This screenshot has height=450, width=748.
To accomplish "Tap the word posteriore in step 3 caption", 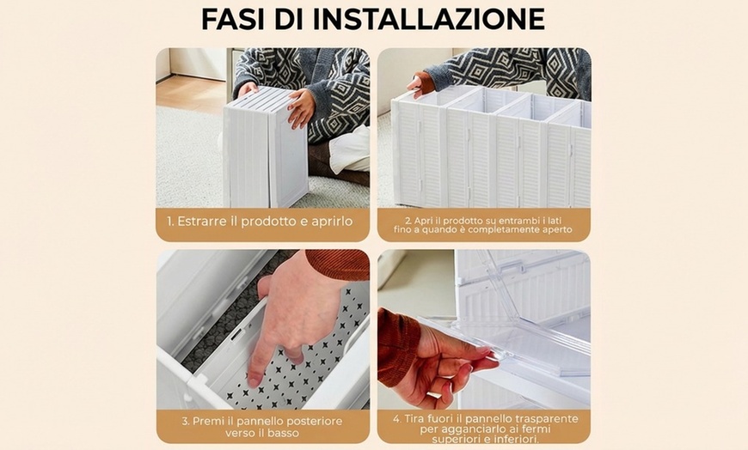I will (307, 421).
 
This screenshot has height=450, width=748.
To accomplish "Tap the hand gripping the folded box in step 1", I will (301, 107).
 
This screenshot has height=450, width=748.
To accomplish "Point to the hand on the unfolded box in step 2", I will (421, 83).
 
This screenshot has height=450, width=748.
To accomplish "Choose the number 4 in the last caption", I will (396, 417).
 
